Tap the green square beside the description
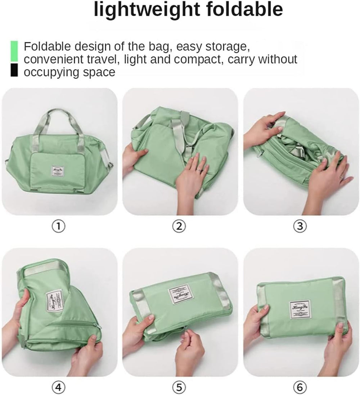coord(14,51)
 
